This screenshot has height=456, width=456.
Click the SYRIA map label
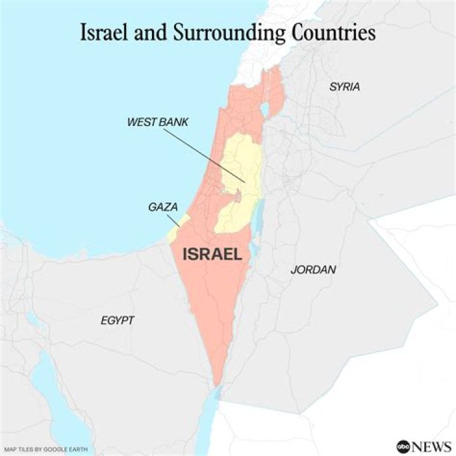coord(345,87)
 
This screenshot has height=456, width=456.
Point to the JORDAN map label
coord(313,270)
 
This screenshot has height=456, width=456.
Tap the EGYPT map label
coord(117,320)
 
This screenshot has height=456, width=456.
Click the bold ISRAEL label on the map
coord(212,255)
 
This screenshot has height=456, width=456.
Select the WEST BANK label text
coord(158,122)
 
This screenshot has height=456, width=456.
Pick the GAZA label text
coord(162,207)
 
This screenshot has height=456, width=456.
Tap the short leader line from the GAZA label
coord(172,218)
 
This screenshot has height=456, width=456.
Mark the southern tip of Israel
coord(217,384)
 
